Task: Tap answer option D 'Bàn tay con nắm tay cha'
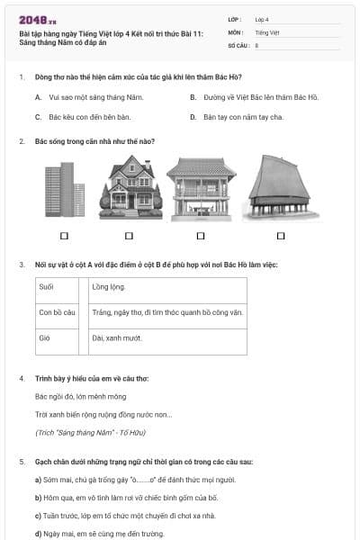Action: (243, 117)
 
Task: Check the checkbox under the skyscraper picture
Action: (64, 236)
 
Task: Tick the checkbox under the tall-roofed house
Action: (280, 236)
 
